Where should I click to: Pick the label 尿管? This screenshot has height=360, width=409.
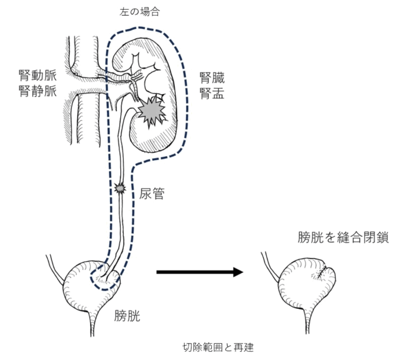pyautogui.click(x=152, y=195)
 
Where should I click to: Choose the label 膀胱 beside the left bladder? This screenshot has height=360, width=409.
pyautogui.click(x=127, y=316)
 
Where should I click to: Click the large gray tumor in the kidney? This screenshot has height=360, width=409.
pyautogui.click(x=151, y=110)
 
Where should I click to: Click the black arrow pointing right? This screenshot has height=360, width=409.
pyautogui.click(x=200, y=272)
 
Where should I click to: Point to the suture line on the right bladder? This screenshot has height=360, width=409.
pyautogui.click(x=320, y=272)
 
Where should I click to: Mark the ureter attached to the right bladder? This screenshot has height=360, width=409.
pyautogui.click(x=269, y=264)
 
